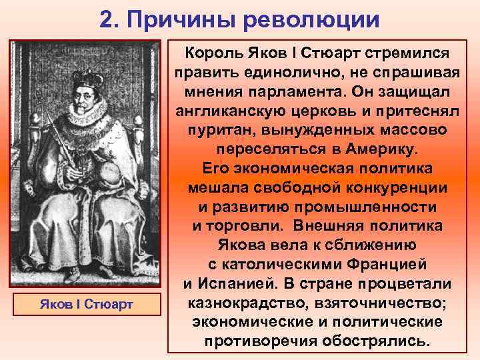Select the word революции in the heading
311,19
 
